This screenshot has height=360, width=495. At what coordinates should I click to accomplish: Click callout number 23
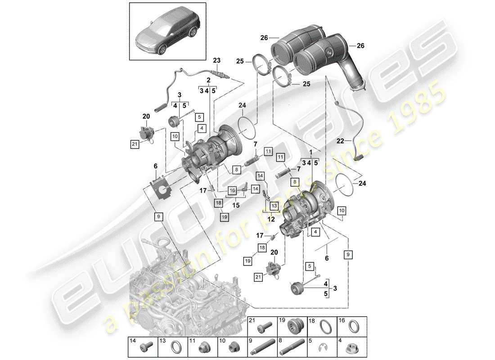click(217, 60)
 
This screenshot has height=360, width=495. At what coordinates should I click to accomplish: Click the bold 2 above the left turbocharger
click(208, 80)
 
